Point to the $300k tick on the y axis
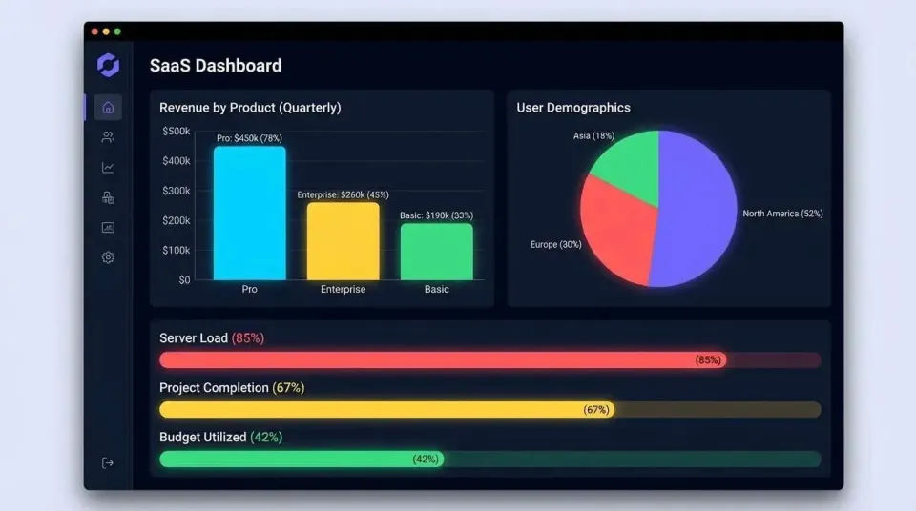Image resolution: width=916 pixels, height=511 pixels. tap(176, 191)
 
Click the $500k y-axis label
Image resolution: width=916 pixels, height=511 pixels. tap(176, 132)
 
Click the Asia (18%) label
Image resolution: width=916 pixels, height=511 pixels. tap(593, 136)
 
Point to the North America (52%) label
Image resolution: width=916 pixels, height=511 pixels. tap(782, 214)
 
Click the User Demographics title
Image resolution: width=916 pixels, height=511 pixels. tap(573, 108)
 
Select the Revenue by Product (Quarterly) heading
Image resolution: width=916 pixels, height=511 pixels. tap(250, 108)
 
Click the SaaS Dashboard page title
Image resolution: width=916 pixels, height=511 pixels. tap(216, 66)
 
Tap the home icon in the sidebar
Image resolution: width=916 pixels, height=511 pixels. tap(108, 107)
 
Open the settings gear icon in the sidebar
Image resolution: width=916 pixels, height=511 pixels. tap(108, 257)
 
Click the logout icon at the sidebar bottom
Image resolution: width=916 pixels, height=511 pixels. tap(108, 462)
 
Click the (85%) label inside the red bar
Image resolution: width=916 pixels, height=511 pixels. tap(708, 360)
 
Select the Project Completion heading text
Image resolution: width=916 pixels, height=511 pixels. tap(214, 388)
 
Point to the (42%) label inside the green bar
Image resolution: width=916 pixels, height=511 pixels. tap(426, 459)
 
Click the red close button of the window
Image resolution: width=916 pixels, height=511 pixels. tap(94, 31)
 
